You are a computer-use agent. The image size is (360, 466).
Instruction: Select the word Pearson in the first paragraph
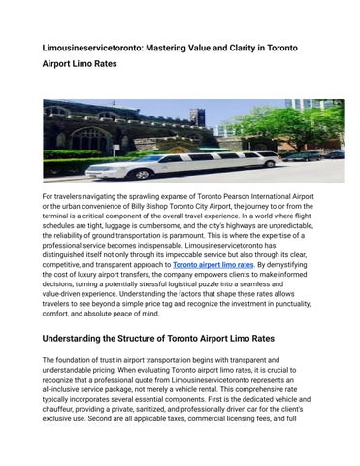229,197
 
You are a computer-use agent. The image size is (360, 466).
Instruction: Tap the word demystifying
302,265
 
